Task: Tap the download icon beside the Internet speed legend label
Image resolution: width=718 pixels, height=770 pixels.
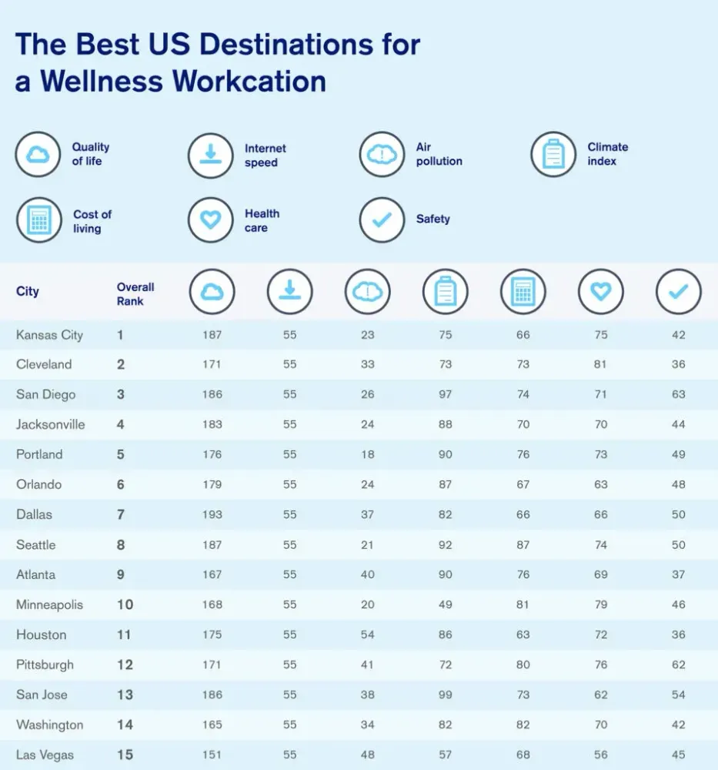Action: (x=210, y=155)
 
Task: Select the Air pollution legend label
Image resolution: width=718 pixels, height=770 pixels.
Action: (x=439, y=154)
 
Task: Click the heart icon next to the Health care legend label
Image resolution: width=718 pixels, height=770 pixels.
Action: (x=210, y=220)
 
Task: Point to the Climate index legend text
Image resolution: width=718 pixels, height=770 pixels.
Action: (x=607, y=154)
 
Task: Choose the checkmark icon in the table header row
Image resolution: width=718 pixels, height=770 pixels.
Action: (x=678, y=292)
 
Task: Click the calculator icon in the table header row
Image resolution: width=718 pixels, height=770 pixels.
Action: (x=523, y=292)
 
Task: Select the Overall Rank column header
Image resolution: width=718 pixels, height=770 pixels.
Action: (x=135, y=293)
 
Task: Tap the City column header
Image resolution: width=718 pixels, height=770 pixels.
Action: (x=28, y=292)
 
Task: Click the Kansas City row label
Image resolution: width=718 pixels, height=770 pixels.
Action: (x=49, y=335)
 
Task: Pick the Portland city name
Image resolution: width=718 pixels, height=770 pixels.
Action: (x=39, y=454)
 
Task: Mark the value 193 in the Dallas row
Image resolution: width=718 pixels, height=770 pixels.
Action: (x=212, y=514)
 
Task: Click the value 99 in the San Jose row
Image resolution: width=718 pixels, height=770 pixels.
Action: (x=445, y=695)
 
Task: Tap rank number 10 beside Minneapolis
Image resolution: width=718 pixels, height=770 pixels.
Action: (x=125, y=604)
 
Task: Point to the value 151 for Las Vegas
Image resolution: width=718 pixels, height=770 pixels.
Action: (x=212, y=755)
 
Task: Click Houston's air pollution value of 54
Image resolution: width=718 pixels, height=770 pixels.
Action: (x=367, y=634)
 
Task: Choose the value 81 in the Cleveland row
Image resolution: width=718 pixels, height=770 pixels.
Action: (x=600, y=364)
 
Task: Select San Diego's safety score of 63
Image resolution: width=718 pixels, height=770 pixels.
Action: (x=678, y=394)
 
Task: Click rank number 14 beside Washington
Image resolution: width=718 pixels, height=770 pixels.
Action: (x=125, y=725)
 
